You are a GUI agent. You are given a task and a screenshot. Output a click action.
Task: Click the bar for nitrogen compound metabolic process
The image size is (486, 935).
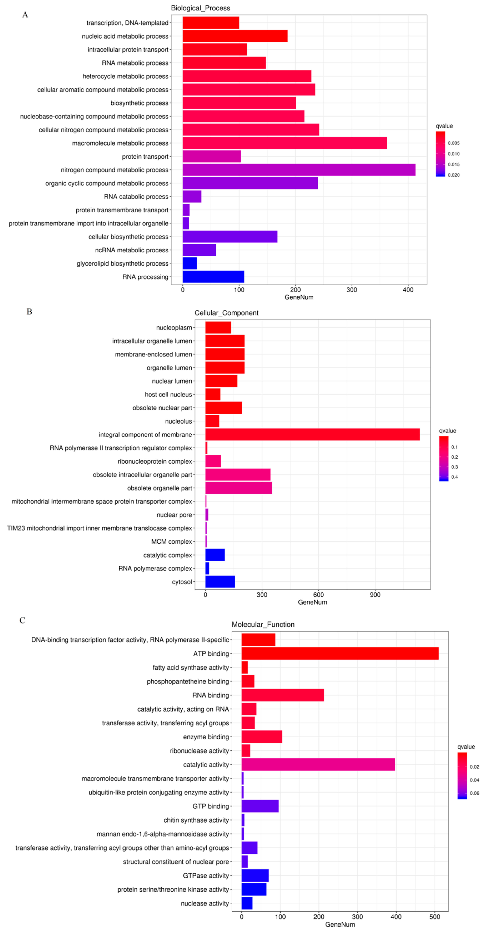click(299, 170)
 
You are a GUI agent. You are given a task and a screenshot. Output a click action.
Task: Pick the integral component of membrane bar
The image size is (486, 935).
click(312, 434)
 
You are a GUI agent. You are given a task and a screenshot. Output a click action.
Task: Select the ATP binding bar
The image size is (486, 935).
click(340, 653)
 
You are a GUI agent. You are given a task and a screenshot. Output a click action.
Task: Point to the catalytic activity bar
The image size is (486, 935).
click(318, 764)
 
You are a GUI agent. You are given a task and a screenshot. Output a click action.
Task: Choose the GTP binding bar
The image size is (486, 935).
click(260, 806)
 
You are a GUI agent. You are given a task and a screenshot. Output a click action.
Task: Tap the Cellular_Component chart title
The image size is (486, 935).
click(226, 313)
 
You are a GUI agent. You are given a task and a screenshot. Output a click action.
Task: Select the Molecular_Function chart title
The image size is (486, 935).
click(263, 624)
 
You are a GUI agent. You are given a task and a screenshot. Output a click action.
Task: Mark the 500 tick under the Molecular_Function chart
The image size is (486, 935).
click(434, 917)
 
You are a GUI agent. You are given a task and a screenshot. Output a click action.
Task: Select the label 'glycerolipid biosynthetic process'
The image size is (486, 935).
click(122, 263)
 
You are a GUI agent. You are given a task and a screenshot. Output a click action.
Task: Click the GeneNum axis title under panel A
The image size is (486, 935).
click(299, 297)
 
